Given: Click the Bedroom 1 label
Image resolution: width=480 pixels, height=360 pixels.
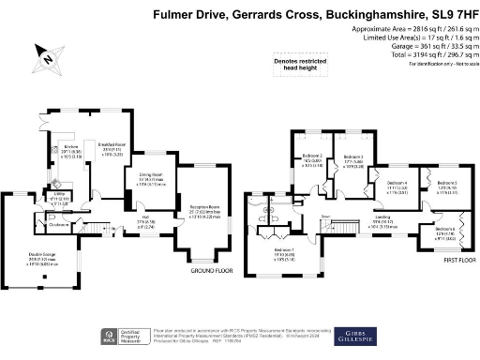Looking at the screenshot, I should tap(285, 250).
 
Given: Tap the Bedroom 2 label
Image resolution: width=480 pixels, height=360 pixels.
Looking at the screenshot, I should tap(312, 156).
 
